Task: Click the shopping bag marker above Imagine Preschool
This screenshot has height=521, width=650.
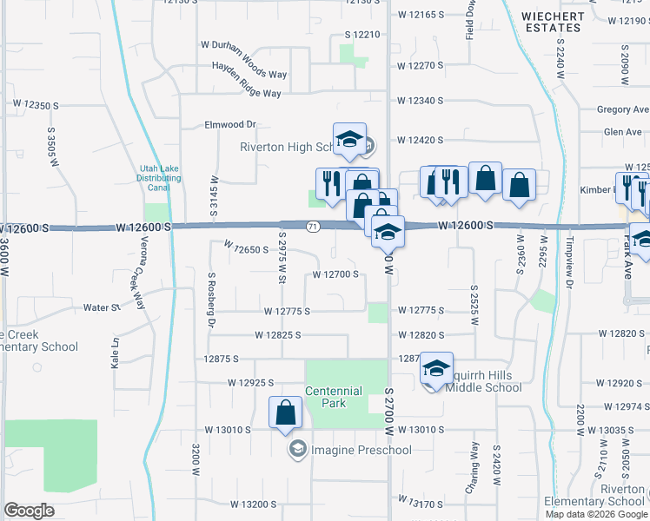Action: click(286, 414)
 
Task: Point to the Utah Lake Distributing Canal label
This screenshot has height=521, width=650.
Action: click(161, 177)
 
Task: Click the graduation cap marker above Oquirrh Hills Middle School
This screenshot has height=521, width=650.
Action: click(436, 368)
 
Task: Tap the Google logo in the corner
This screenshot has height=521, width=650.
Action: click(29, 510)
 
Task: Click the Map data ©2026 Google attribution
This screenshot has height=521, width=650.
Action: click(596, 514)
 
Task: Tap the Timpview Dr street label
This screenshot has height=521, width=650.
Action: click(571, 260)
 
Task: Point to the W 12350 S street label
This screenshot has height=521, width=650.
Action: click(36, 105)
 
